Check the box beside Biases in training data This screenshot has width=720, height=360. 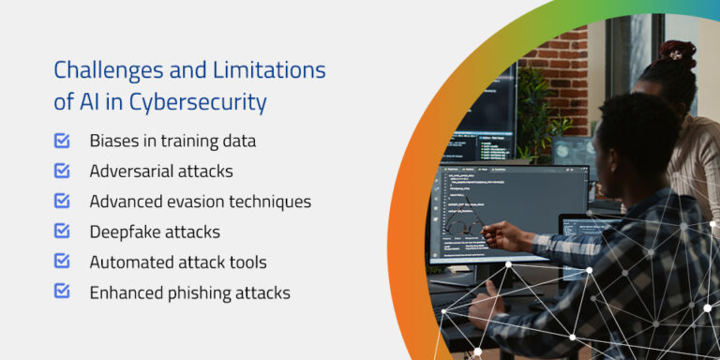[x=62, y=141]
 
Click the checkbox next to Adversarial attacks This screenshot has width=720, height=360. [x=62, y=171]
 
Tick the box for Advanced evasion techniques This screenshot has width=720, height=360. [x=62, y=201]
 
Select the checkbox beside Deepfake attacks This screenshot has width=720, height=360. [x=62, y=231]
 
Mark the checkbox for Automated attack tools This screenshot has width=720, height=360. [x=62, y=261]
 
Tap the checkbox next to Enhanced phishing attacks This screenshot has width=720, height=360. [x=62, y=291]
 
